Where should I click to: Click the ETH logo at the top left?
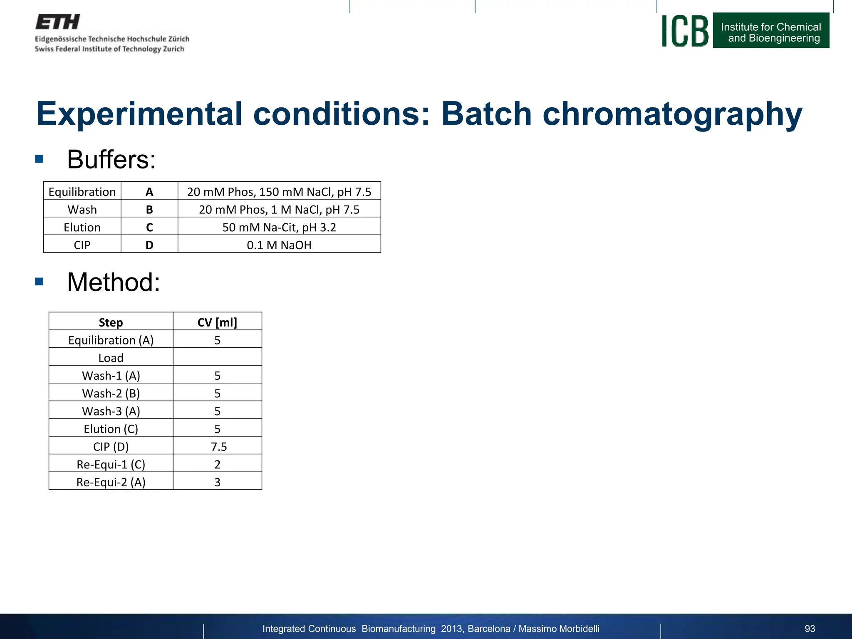tap(57, 22)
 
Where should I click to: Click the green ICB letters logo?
tap(685, 31)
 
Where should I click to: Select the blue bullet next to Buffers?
tap(40, 159)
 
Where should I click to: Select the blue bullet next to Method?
tap(40, 282)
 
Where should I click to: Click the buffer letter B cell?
tap(149, 210)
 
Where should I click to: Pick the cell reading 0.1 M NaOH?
tap(279, 245)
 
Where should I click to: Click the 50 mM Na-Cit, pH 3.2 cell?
tap(279, 227)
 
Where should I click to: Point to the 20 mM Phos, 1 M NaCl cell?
tap(279, 210)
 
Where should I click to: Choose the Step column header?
tap(111, 322)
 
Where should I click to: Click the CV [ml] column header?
tap(217, 322)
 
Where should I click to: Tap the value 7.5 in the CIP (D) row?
tap(218, 447)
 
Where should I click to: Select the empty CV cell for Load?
tap(217, 357)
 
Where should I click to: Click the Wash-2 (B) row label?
tap(111, 393)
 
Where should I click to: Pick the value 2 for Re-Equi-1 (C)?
tap(217, 464)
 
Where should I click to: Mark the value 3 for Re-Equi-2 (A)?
tap(217, 482)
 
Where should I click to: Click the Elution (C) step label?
tap(111, 429)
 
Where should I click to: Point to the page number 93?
tap(810, 629)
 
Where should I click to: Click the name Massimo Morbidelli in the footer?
tap(559, 629)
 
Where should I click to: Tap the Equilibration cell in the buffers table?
tap(82, 192)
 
